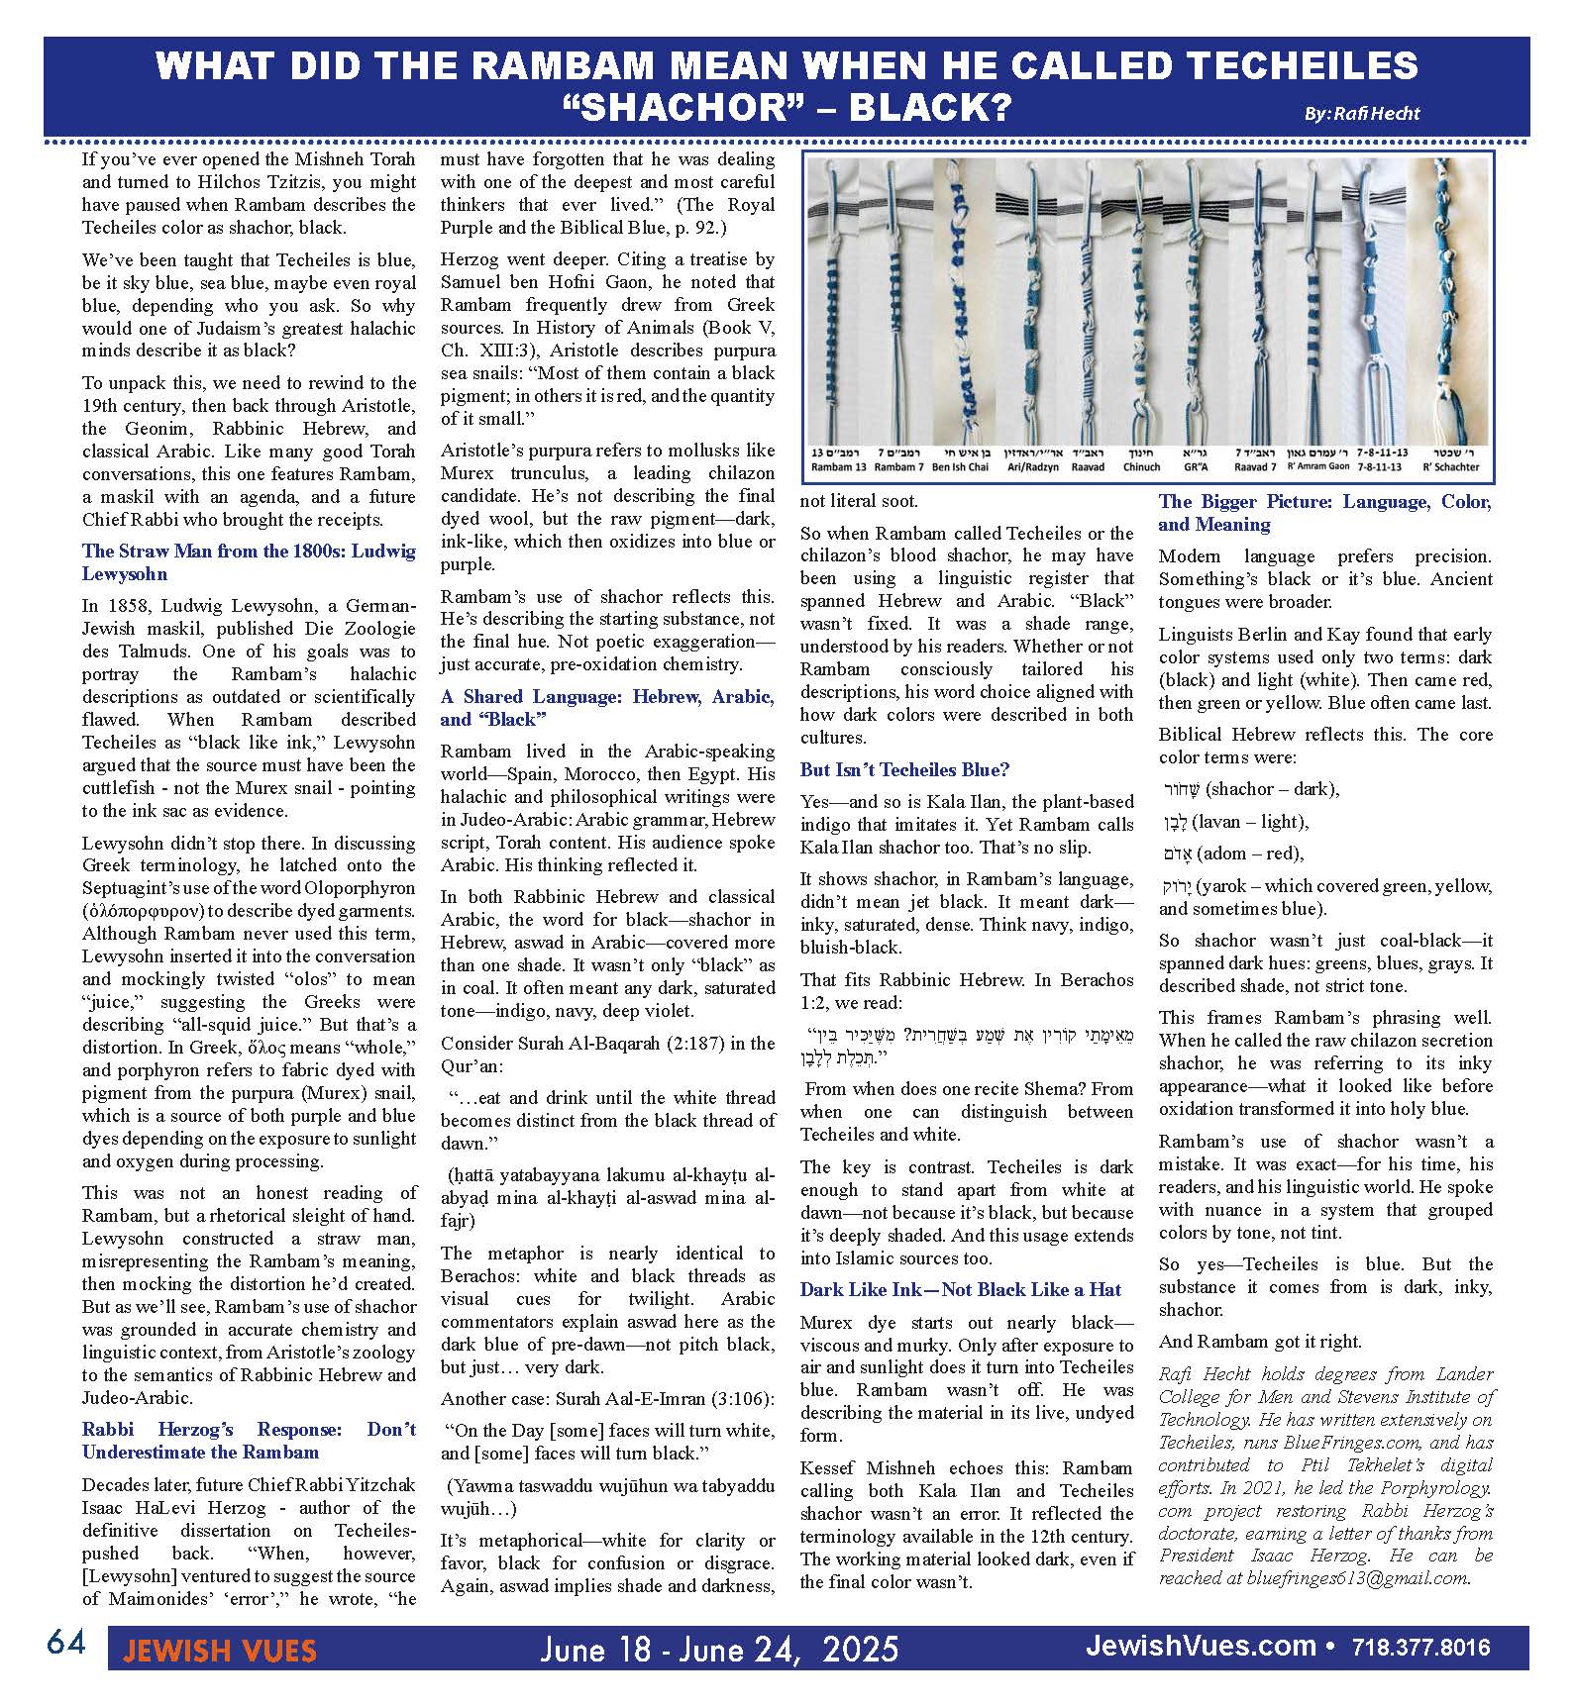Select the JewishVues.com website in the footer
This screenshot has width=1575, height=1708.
coord(1201,1648)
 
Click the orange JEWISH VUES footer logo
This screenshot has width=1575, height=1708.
coord(219,1651)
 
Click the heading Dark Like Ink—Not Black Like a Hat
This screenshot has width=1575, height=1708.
coord(960,1290)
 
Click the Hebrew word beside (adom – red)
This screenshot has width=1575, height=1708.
coord(1178,854)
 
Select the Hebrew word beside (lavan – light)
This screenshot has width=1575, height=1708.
coord(1174,822)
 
